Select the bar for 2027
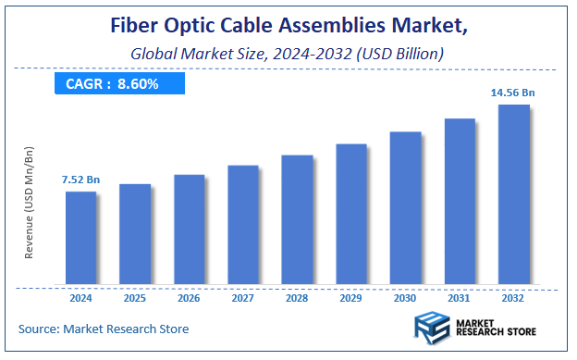tap(243, 224)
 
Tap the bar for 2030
tap(405, 207)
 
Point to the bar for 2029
tap(351, 214)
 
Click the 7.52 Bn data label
tap(80, 180)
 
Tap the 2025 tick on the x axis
tap(135, 298)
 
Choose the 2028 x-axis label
tap(297, 298)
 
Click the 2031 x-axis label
tap(460, 298)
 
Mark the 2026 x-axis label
tap(189, 298)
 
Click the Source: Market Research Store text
tap(103, 329)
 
